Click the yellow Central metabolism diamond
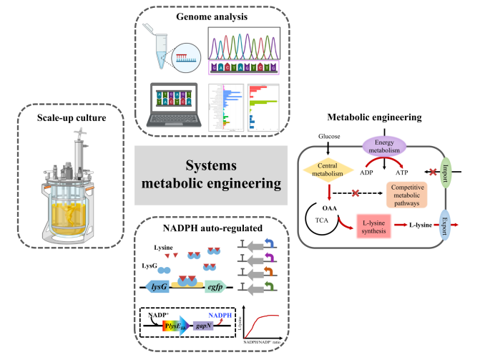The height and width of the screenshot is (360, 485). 325,169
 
